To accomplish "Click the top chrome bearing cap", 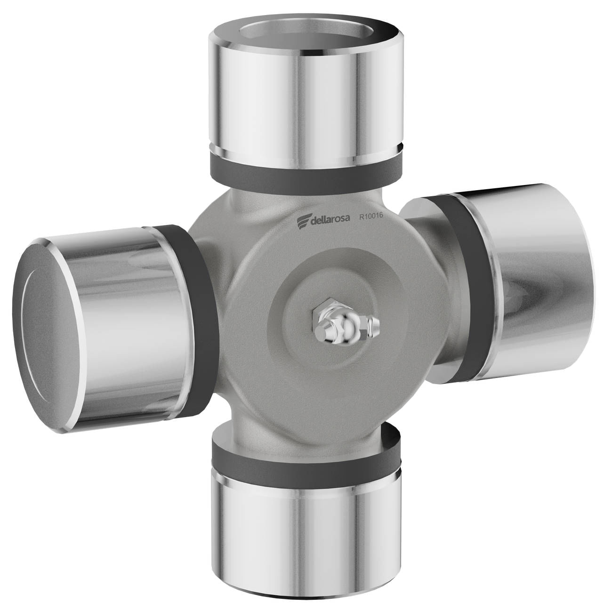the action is [306, 92].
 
